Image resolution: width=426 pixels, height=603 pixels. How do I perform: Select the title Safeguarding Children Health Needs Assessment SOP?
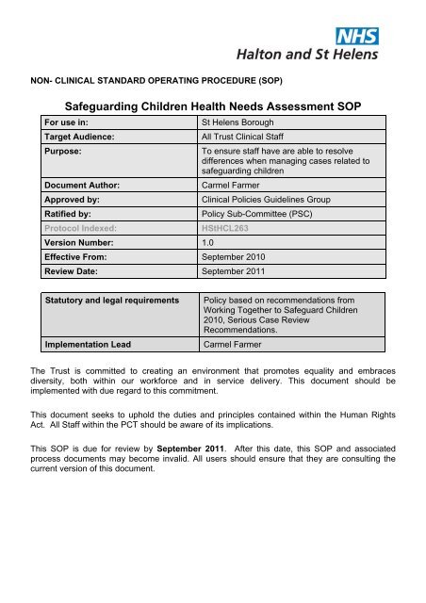pos(212,106)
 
